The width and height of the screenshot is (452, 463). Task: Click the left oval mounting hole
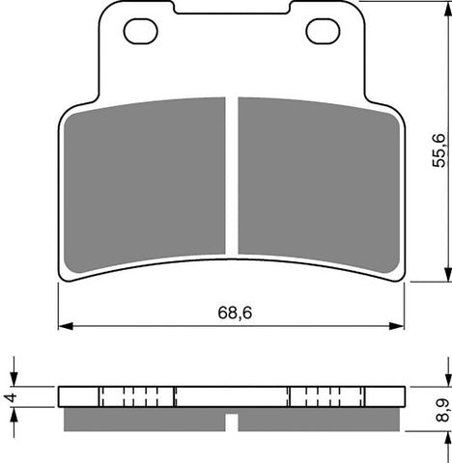[142, 32]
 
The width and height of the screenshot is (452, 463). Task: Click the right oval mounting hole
[322, 32]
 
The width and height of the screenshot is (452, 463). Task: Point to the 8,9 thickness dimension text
[440, 410]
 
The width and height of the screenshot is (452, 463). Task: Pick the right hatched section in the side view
[325, 396]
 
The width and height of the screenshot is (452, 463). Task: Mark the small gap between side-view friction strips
[232, 421]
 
